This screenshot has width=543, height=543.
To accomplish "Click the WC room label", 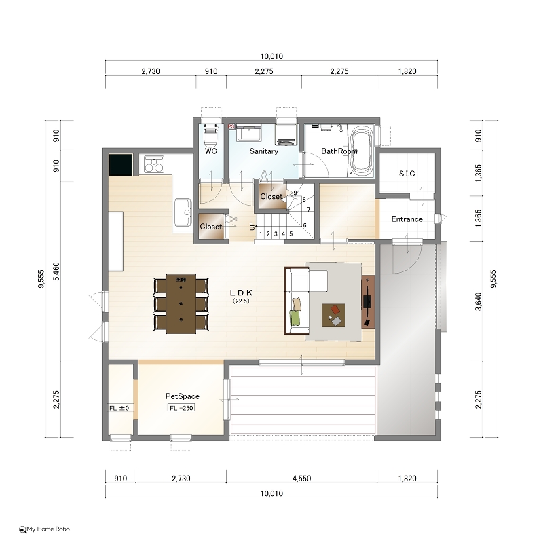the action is (x=210, y=151).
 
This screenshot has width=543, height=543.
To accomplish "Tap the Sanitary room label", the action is (x=264, y=151).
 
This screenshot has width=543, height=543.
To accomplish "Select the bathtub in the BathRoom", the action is (x=362, y=151).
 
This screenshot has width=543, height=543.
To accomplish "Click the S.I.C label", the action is (x=407, y=174).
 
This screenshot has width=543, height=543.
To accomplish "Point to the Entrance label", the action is (x=407, y=219).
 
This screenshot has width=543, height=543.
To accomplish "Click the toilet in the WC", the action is (x=210, y=136).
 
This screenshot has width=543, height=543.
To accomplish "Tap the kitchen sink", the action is (x=183, y=212).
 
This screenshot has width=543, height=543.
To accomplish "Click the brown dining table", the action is (x=181, y=303).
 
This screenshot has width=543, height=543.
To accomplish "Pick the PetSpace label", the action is (x=182, y=396).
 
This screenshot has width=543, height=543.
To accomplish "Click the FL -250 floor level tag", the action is (x=181, y=408).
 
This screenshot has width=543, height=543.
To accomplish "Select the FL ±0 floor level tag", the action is (x=119, y=408).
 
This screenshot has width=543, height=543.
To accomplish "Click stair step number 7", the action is (x=309, y=209).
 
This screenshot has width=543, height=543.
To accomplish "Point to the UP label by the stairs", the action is (x=252, y=227).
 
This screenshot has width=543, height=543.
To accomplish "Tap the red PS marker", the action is (x=231, y=127).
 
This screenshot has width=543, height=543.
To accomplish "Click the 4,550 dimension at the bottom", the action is (x=301, y=479).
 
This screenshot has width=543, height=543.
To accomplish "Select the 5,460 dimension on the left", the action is (x=56, y=271).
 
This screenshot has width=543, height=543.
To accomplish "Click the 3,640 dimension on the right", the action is (x=479, y=301).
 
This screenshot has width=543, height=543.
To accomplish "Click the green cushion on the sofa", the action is (x=295, y=318).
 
